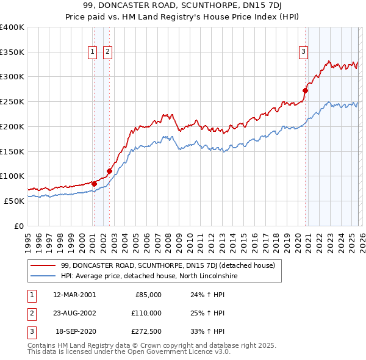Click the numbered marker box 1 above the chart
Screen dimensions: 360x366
[93, 52]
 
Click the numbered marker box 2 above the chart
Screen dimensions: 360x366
[107, 52]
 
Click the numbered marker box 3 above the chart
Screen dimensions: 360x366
[303, 52]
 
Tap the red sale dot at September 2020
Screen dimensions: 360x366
[305, 91]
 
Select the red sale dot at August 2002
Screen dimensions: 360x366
[109, 171]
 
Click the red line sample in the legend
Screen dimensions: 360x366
[43, 265]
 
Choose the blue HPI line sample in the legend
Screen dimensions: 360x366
[43, 276]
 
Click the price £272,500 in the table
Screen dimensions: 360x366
[147, 332]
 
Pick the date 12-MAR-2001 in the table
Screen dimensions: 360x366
[74, 294]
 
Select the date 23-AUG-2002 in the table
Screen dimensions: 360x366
[74, 313]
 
